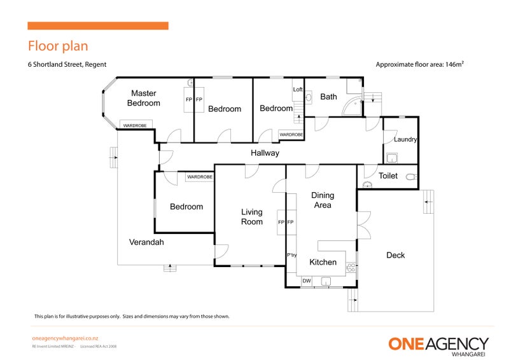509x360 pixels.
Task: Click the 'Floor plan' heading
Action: click(x=57, y=46)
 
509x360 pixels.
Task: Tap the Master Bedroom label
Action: click(x=144, y=98)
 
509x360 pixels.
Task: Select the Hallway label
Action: click(x=265, y=153)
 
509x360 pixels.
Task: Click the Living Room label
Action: click(x=252, y=217)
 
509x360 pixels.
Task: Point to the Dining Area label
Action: click(x=322, y=200)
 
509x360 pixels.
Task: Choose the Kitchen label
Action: click(x=323, y=262)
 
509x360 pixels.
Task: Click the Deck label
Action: click(x=395, y=255)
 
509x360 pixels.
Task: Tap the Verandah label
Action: click(x=147, y=242)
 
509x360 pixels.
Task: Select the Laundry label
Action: click(x=405, y=139)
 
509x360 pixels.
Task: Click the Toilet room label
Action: click(x=388, y=176)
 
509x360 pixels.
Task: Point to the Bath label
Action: click(x=328, y=97)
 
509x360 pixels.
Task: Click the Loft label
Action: click(x=298, y=90)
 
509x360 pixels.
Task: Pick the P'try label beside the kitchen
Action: click(x=292, y=255)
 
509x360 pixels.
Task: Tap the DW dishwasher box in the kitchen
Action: click(x=306, y=280)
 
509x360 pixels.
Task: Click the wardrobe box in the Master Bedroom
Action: click(x=134, y=126)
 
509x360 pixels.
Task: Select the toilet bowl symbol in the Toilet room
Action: click(x=412, y=176)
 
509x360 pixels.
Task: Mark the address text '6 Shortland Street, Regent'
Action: click(x=67, y=64)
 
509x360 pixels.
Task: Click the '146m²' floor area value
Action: click(x=453, y=64)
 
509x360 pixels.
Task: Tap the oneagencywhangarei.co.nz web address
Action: click(x=64, y=339)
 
